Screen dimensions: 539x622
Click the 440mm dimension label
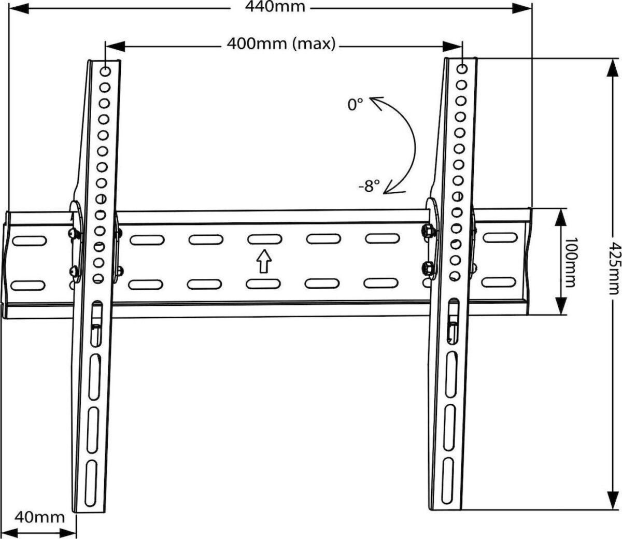tap(268, 7)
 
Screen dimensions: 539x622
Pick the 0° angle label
tap(356, 105)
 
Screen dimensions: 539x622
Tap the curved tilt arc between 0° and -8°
tap(409, 145)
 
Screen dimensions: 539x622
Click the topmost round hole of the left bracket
tap(105, 71)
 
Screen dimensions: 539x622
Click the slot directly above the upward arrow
tap(264, 239)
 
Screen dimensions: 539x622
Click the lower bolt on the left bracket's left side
tap(74, 271)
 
